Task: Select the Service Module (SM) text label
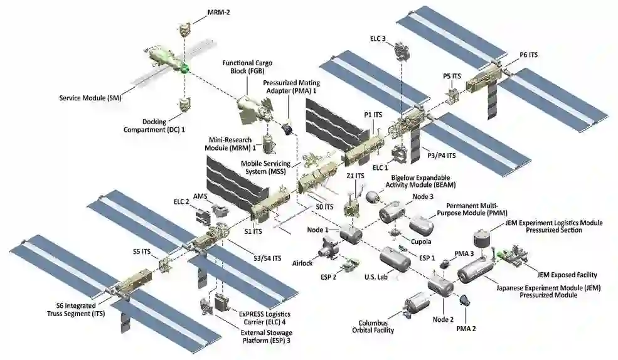point(90,98)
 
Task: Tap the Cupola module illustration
point(395,233)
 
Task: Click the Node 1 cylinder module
point(351,235)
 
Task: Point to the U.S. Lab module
point(395,258)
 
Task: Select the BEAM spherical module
point(373,197)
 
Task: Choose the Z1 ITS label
point(355,176)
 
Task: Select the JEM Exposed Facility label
point(567,275)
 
